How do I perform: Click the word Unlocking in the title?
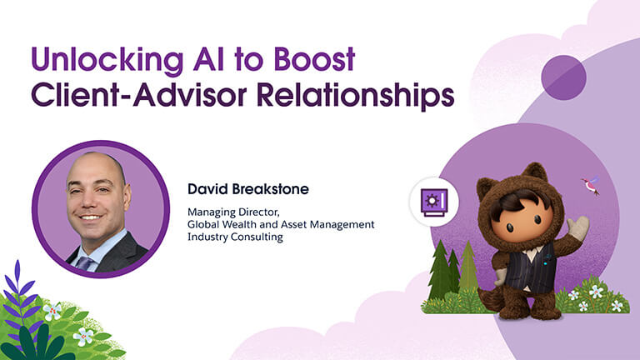(x=107, y=60)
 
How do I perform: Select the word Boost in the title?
(x=314, y=59)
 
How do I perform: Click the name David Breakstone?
(x=248, y=189)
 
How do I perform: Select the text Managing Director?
(x=233, y=212)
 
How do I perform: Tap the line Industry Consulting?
(x=235, y=237)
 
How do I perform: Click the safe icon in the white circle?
(x=434, y=202)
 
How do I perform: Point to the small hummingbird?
(x=590, y=185)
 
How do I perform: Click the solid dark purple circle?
(x=563, y=77)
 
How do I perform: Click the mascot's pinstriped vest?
(x=530, y=267)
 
